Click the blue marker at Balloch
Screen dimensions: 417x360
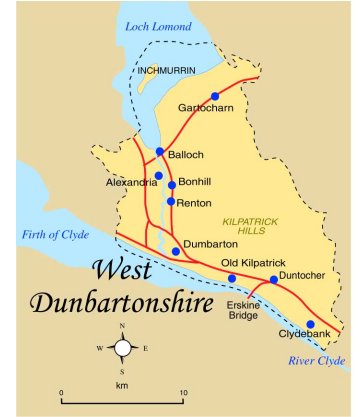pos(160,152)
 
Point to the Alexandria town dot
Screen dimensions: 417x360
pos(158,175)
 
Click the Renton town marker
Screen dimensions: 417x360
pos(171,202)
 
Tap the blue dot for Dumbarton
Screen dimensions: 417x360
pos(176,251)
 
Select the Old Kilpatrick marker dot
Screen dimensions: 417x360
pos(232,278)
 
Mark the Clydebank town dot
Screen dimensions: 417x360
pos(310,324)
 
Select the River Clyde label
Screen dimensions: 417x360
pos(316,361)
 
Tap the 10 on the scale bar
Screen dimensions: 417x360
pos(182,392)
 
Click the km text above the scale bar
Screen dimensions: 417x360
pos(122,384)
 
